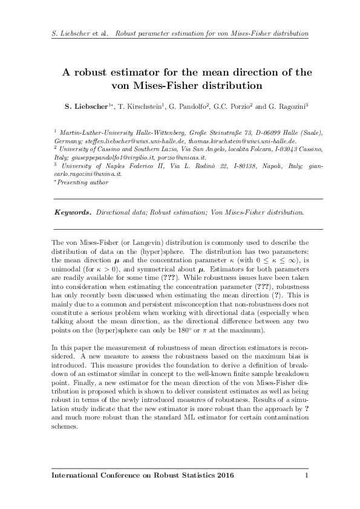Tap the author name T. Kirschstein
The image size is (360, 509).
tap(142, 107)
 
